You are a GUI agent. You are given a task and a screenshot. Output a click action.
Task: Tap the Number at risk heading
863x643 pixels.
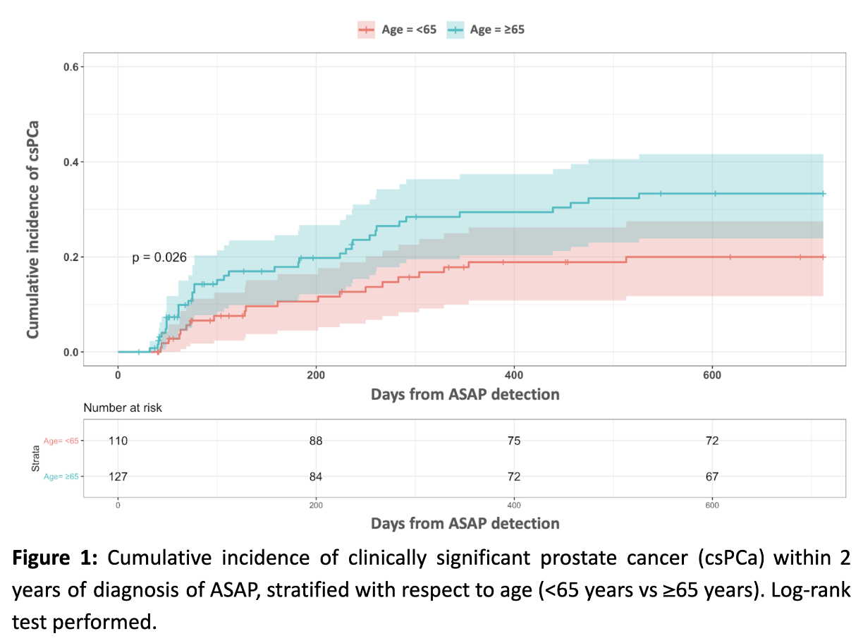tap(123, 408)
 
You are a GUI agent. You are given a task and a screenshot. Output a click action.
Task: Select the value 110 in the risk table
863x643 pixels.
tap(118, 441)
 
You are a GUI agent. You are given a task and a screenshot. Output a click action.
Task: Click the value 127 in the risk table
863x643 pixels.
tap(118, 477)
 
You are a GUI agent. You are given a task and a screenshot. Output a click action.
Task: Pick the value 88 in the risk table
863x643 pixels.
tap(316, 441)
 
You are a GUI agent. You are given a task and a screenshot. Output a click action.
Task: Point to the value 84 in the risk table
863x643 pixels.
tap(316, 477)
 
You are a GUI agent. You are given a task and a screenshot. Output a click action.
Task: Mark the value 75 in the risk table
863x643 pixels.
tap(514, 441)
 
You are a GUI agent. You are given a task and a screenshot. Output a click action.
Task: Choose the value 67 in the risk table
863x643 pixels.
tap(712, 477)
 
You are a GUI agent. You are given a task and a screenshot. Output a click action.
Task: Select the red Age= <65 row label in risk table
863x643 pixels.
tap(61, 441)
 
